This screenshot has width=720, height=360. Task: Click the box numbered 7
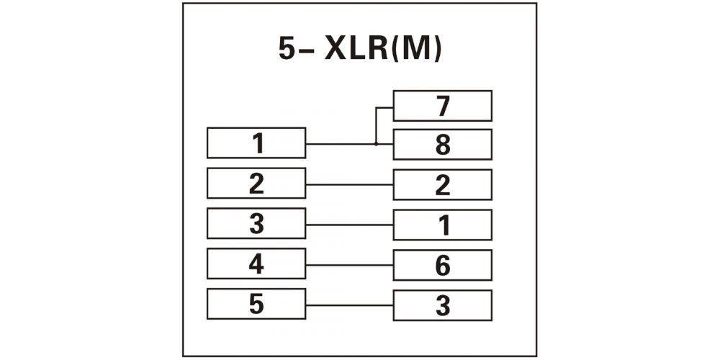point(443,106)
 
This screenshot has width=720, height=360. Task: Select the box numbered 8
point(443,144)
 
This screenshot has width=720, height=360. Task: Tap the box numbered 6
point(443,265)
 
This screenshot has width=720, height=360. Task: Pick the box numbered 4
point(256,263)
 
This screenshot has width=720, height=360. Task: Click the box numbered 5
point(256,304)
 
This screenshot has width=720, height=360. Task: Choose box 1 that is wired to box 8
point(256,143)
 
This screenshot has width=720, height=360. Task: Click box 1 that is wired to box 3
point(443,225)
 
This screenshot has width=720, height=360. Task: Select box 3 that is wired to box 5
point(443,305)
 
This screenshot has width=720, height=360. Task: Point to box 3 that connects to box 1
point(256,223)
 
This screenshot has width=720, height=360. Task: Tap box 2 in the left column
point(256,183)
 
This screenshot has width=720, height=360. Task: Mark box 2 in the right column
point(443,184)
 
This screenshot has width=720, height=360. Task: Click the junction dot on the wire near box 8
point(376,144)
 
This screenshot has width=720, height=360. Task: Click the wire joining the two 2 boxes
point(349,184)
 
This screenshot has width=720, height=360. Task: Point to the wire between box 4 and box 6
point(349,265)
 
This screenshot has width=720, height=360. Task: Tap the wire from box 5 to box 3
point(349,305)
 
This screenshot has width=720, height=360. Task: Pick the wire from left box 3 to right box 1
point(349,225)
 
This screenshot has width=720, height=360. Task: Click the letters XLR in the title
point(356,49)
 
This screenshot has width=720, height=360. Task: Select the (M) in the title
point(416,49)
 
